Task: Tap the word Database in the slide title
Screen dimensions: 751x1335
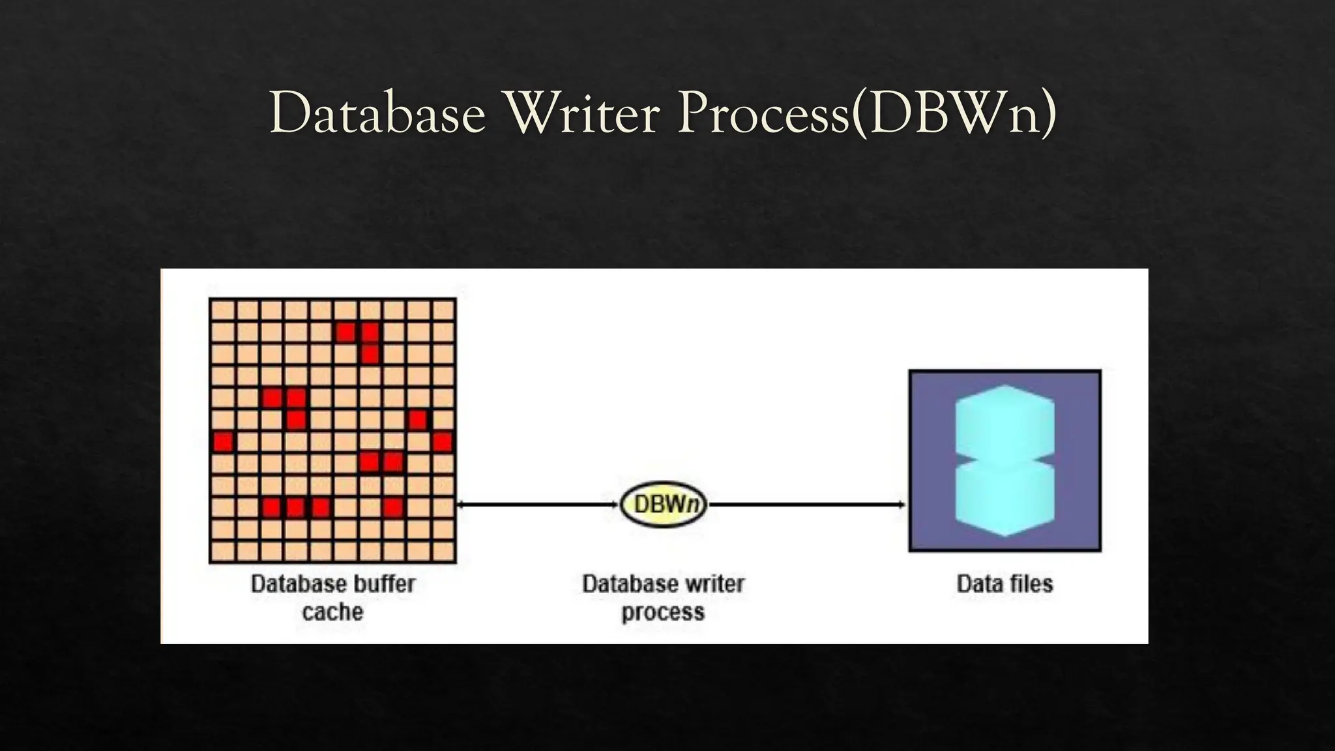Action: tap(378, 114)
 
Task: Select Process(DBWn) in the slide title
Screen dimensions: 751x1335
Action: tap(866, 114)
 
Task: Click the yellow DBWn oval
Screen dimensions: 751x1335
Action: tap(663, 505)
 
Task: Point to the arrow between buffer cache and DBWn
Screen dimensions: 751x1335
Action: tap(537, 505)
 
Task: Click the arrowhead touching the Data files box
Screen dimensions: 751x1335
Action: tap(902, 505)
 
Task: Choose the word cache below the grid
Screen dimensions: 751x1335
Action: tap(332, 612)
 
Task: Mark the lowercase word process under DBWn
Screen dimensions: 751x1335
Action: tap(663, 613)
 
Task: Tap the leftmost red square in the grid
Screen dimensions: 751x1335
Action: tap(223, 442)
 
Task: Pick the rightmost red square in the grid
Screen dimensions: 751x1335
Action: tap(443, 442)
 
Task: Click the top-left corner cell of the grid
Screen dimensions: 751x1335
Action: tap(223, 310)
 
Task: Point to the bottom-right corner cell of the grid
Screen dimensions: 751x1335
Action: tap(443, 552)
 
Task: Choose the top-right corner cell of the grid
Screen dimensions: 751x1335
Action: tap(443, 310)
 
